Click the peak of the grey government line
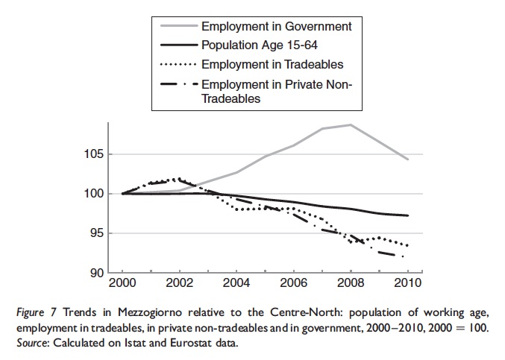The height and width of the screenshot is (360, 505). [351, 124]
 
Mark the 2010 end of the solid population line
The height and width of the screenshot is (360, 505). [407, 215]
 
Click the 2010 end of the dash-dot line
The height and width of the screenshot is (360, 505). [404, 256]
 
